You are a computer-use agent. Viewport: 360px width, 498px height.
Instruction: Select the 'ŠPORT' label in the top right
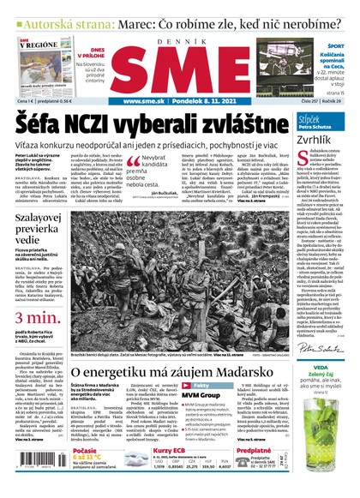tap(336, 45)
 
